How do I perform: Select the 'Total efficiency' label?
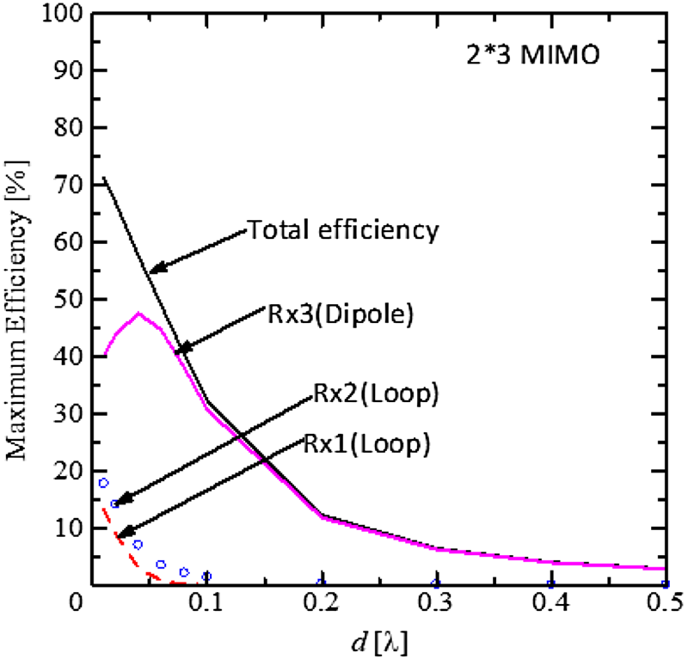pos(344,229)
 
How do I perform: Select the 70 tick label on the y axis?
pos(69,185)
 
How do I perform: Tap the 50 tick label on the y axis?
pos(69,299)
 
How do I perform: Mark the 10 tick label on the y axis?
pos(69,528)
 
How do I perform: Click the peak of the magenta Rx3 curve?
pos(138,313)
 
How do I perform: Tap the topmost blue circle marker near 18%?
pos(103,483)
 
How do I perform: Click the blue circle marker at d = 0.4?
pos(550,584)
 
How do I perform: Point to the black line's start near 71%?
pos(103,178)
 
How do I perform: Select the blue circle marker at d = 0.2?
pos(321,583)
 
